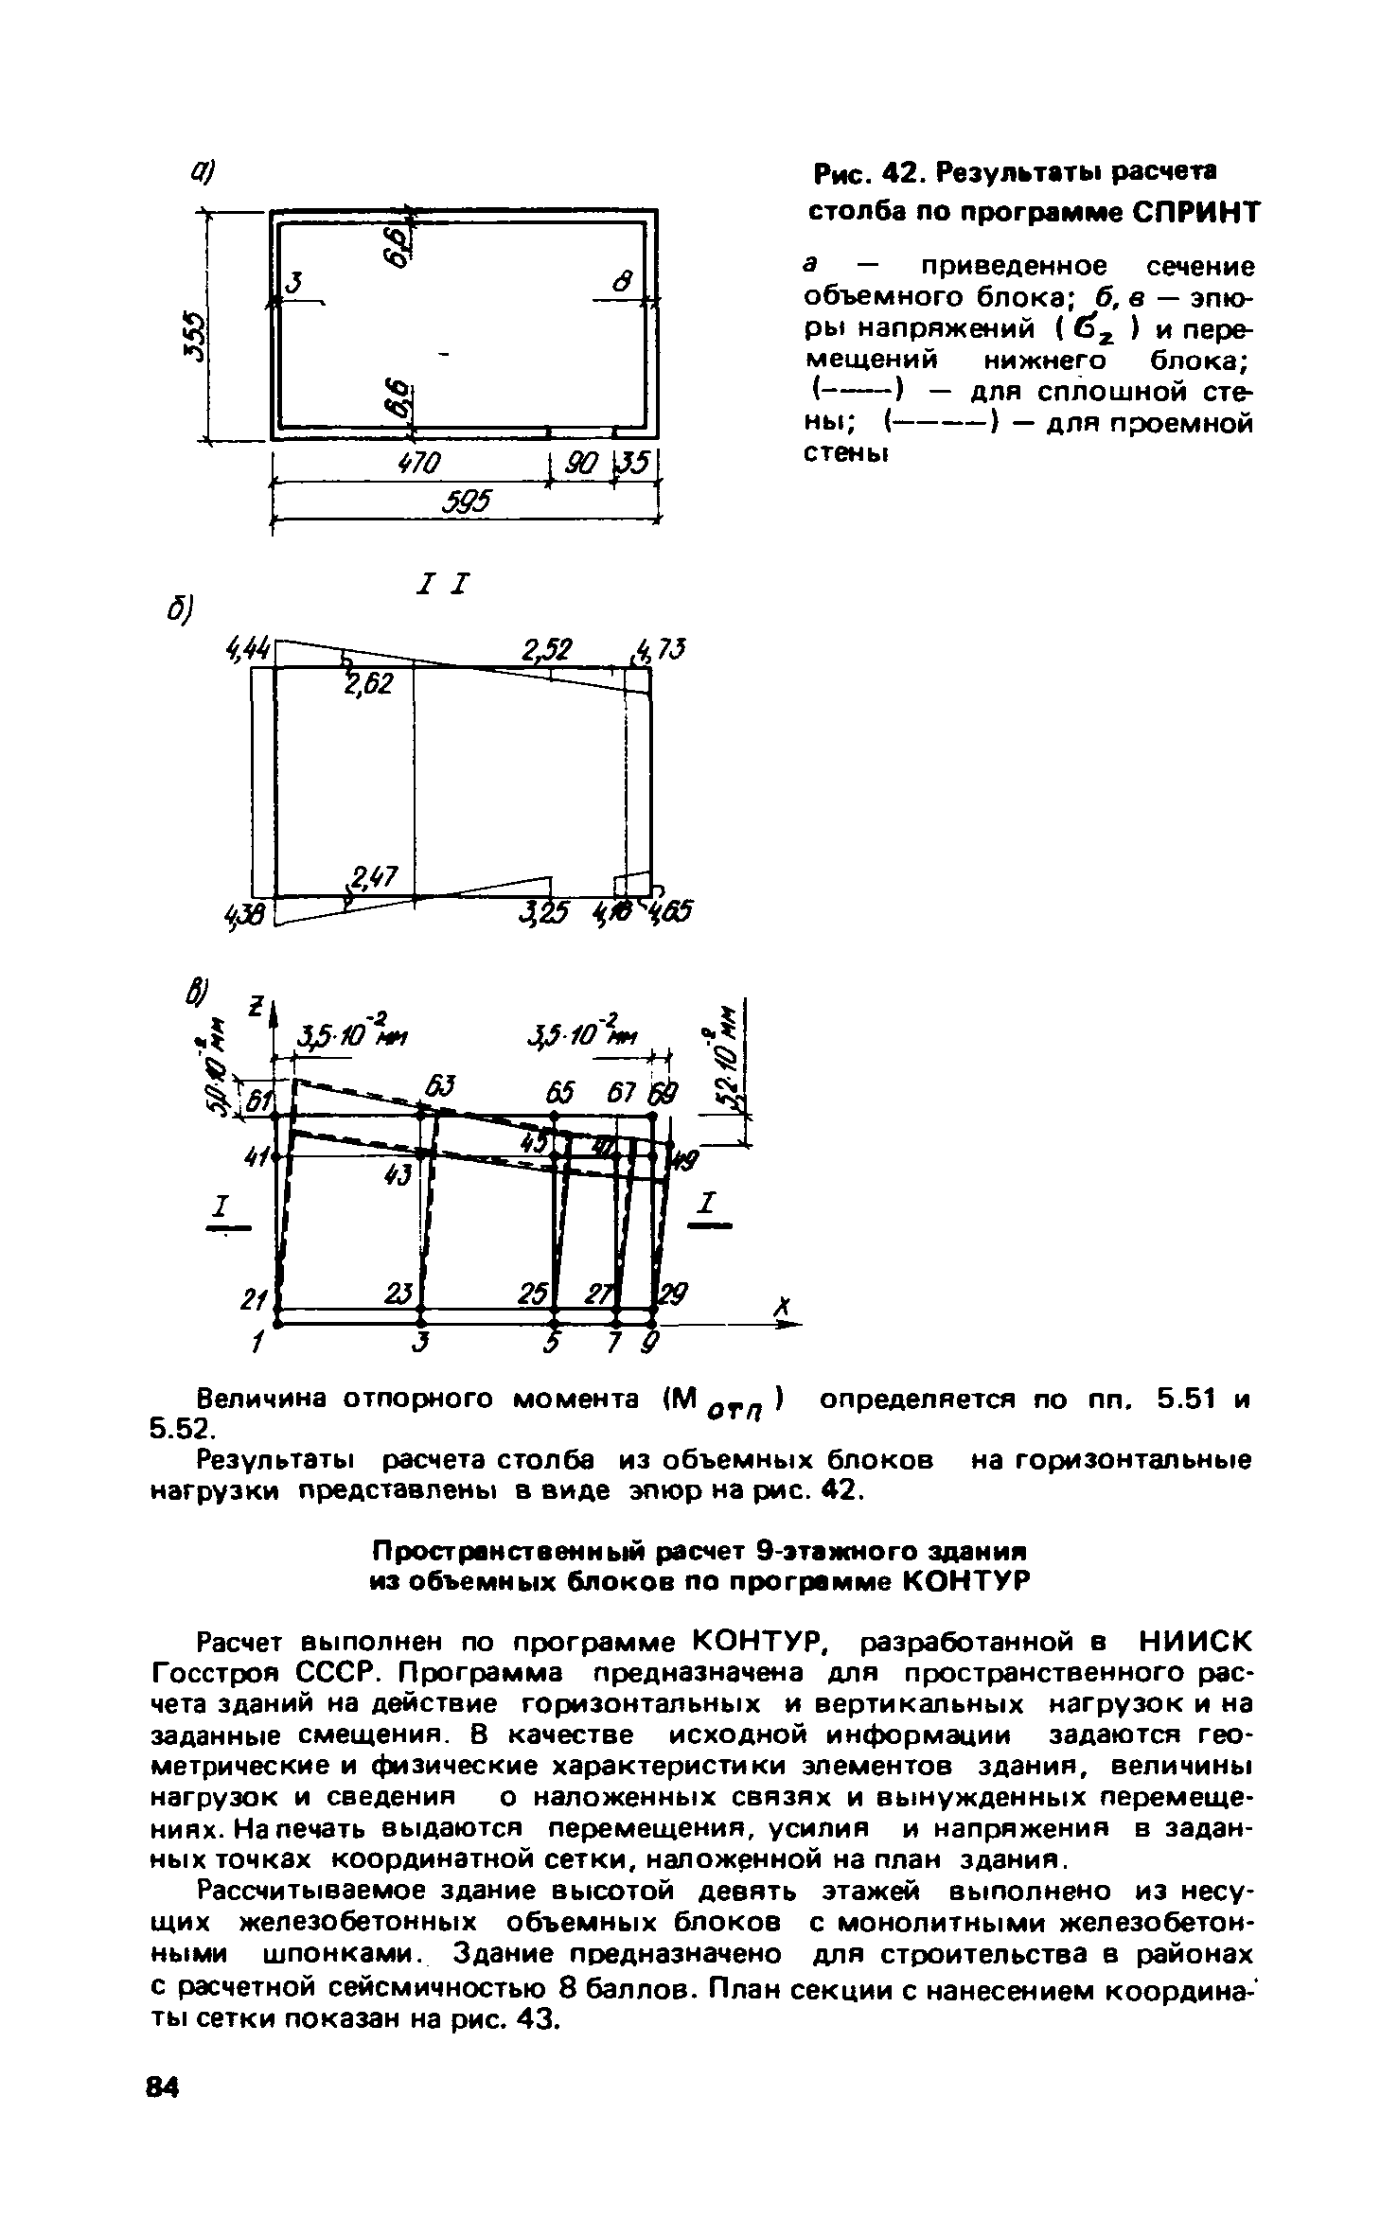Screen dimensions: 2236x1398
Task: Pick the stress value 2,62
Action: point(369,683)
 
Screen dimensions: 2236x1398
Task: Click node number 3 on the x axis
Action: point(423,1343)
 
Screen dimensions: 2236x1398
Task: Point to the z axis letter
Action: point(255,1009)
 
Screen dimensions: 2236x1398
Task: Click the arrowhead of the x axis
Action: point(790,1327)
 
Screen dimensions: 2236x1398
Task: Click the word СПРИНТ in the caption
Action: point(1195,213)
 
